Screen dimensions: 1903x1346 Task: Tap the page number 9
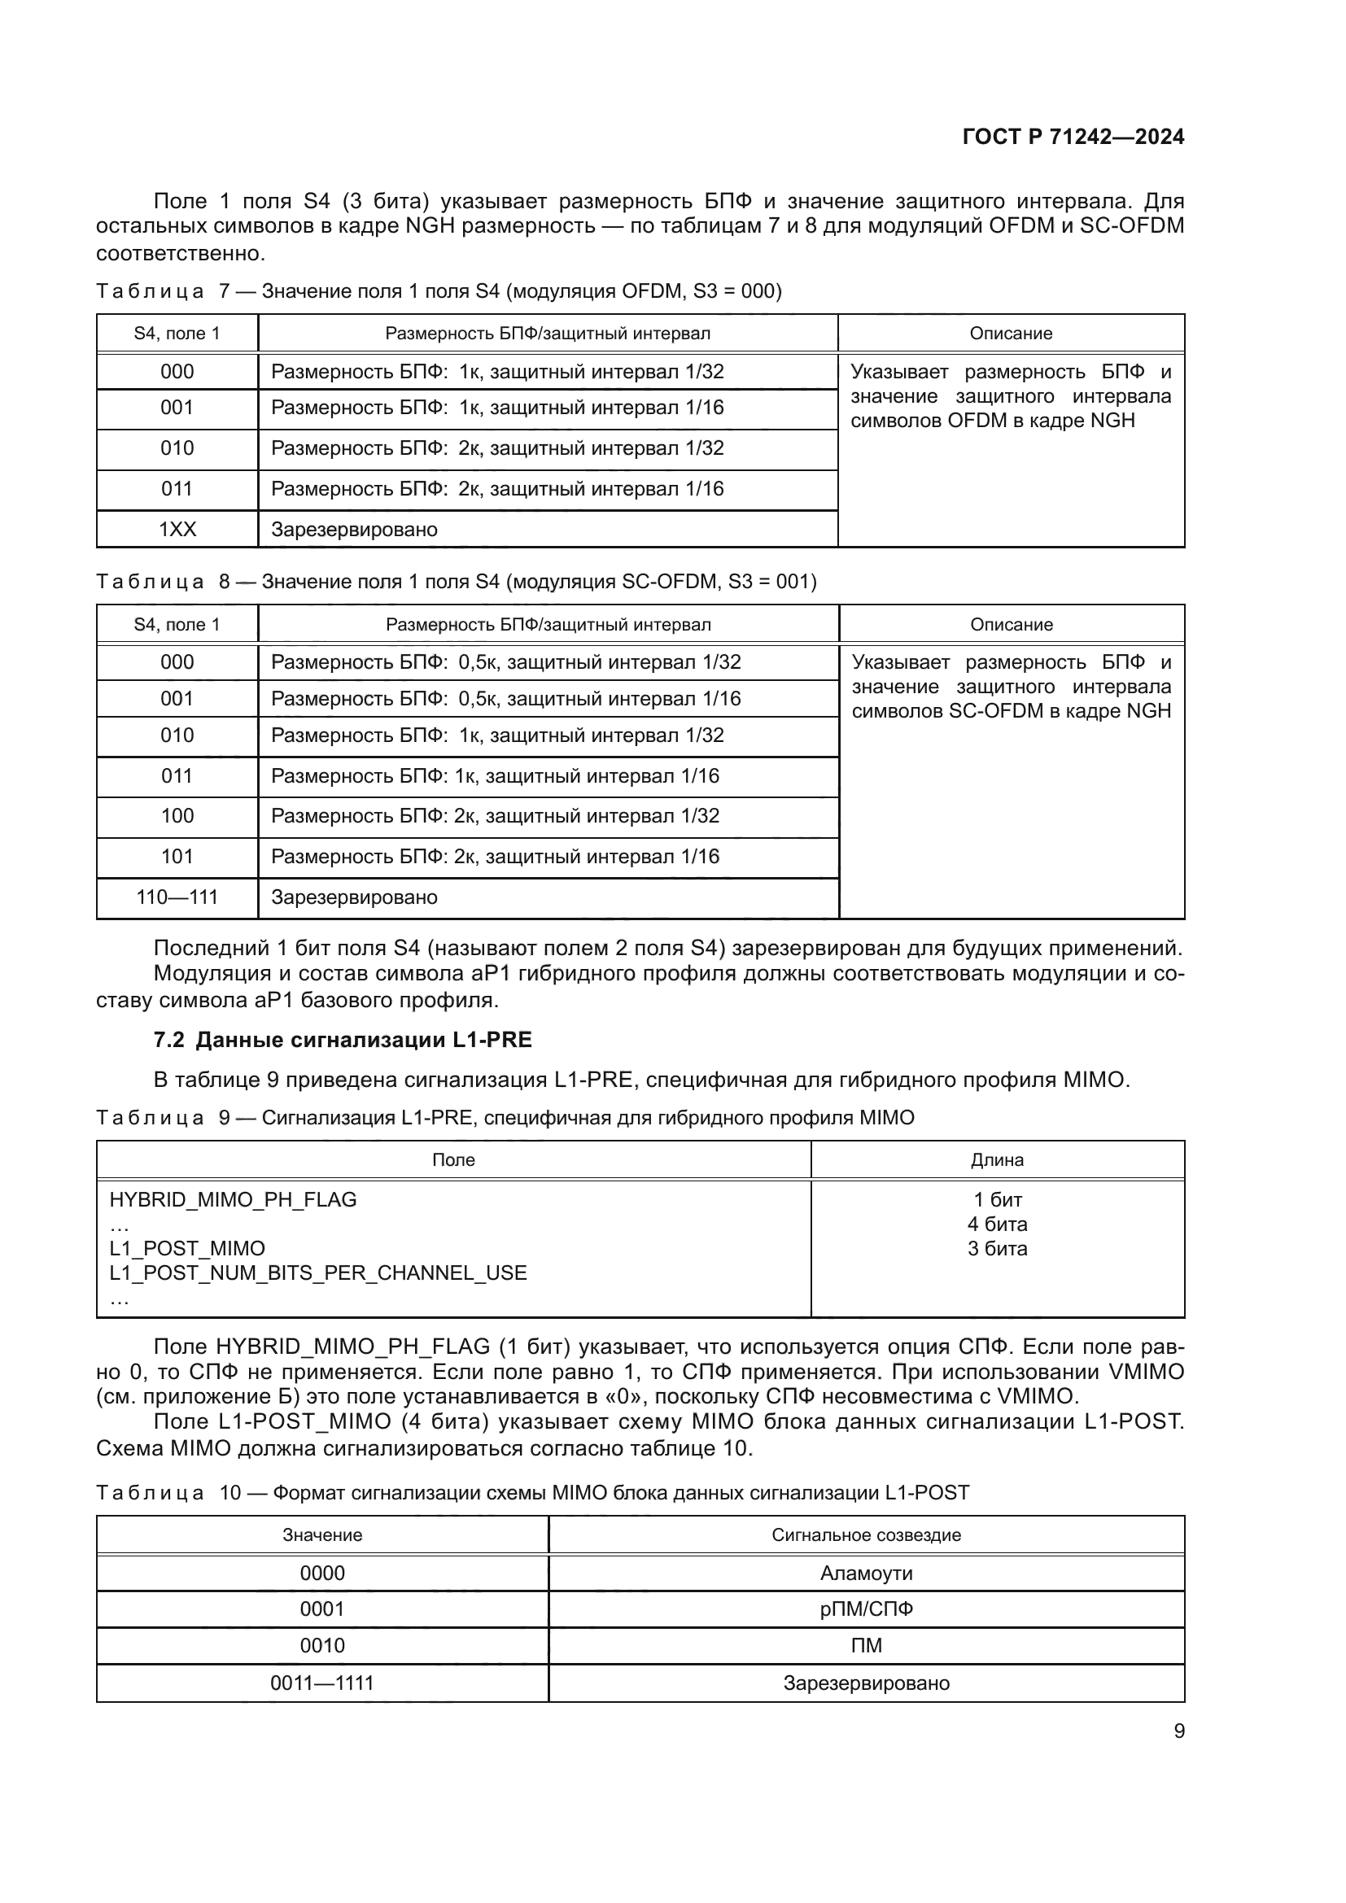point(1178,1731)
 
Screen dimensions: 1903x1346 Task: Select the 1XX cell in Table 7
point(177,530)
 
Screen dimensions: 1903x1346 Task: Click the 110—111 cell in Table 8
point(177,897)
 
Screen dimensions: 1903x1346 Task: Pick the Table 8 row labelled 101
point(177,856)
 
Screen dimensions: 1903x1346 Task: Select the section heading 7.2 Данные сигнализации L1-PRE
point(343,1041)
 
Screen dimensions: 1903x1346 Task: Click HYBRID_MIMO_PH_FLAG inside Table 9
point(233,1200)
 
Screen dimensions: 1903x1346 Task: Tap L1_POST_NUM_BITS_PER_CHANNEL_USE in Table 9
point(318,1273)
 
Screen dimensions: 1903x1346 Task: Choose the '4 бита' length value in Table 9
point(997,1224)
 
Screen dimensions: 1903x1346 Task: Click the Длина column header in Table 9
point(997,1160)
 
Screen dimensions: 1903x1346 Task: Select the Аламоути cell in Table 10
point(866,1573)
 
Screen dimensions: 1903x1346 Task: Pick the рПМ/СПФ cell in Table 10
point(866,1608)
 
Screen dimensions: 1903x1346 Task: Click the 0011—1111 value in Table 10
point(321,1683)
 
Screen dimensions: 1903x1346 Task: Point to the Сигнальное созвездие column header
point(866,1535)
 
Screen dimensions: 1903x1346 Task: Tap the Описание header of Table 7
point(1011,334)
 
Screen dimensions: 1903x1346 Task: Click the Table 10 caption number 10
point(229,1493)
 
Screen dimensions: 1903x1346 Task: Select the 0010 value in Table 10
point(321,1645)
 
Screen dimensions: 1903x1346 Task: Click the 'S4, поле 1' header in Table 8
point(177,625)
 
